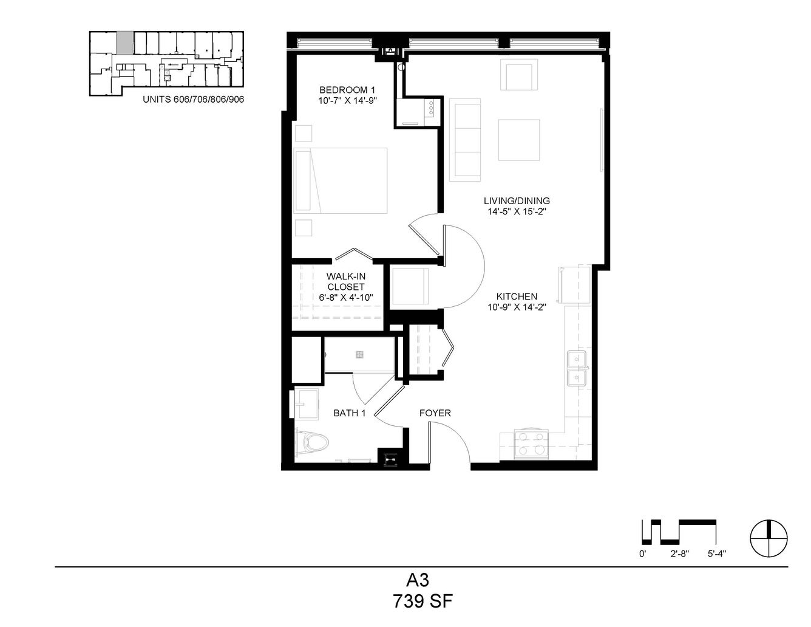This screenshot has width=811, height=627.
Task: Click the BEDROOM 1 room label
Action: click(347, 90)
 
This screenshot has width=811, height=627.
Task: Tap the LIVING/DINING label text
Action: click(517, 201)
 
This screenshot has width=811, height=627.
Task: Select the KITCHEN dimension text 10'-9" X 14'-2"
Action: click(517, 307)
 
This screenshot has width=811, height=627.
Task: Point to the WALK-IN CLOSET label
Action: click(345, 281)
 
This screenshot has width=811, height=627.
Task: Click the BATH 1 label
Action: click(349, 413)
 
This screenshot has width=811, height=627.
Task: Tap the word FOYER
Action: click(435, 413)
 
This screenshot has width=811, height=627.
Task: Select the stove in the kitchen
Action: click(531, 444)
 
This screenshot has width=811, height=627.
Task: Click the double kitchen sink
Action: click(577, 368)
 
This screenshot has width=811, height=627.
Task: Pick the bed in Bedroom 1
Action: click(341, 180)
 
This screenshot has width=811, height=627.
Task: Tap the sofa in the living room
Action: click(464, 140)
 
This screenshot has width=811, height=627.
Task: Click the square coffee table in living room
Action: click(519, 140)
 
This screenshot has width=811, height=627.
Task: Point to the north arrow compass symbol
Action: click(769, 538)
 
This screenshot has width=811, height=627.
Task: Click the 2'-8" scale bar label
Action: click(679, 554)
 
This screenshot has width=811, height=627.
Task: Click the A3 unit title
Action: click(418, 580)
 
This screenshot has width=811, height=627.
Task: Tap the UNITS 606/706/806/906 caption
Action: click(193, 100)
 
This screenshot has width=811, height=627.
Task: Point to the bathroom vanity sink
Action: click(307, 403)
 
